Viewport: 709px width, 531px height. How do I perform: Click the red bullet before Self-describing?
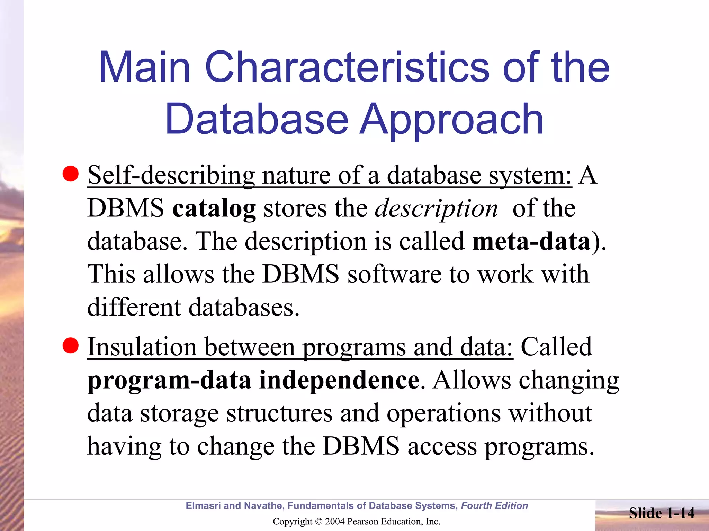click(71, 174)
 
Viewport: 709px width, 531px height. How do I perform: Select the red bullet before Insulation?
click(71, 346)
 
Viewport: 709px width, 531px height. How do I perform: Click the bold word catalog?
click(214, 209)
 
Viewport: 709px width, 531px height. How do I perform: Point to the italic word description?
click(437, 209)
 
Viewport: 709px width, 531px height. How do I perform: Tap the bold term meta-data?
click(531, 241)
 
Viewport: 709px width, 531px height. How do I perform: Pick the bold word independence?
click(339, 380)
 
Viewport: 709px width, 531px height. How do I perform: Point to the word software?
click(394, 274)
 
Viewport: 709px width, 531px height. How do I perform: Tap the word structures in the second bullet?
click(279, 413)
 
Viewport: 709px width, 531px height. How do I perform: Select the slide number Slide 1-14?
click(662, 513)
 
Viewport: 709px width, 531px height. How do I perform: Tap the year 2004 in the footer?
click(334, 522)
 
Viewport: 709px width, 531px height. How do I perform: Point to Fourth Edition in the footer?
click(494, 506)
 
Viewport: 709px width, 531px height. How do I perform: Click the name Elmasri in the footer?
click(203, 506)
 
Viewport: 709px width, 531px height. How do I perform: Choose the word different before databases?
click(134, 307)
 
